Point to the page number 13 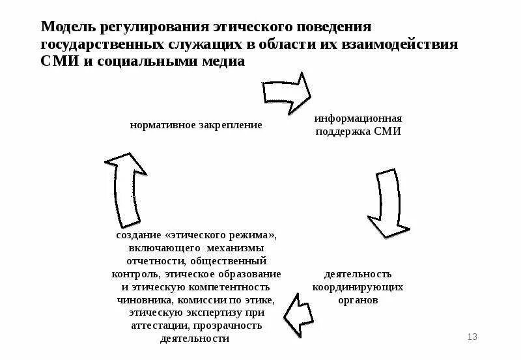tap(473, 337)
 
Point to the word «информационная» tap(358, 119)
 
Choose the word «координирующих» tap(358, 287)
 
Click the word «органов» tap(358, 300)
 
